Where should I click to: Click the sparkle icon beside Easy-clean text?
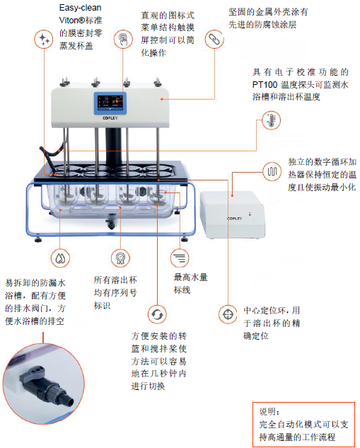[x=44, y=39]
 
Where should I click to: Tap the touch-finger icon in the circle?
[x=123, y=39]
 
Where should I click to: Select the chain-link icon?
[x=214, y=39]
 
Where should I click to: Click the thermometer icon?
[x=271, y=120]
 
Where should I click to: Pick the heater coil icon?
[x=272, y=171]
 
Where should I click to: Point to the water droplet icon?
[x=60, y=258]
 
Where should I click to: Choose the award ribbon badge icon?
[x=120, y=258]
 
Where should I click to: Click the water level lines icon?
[x=180, y=258]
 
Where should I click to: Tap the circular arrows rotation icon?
[x=157, y=314]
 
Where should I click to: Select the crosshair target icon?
[x=228, y=314]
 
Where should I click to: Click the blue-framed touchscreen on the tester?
[x=110, y=103]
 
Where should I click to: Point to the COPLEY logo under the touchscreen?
[x=110, y=118]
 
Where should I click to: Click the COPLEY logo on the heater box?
[x=234, y=219]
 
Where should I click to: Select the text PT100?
[x=265, y=85]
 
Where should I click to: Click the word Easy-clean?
[x=80, y=8]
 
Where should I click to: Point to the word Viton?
[x=69, y=21]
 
